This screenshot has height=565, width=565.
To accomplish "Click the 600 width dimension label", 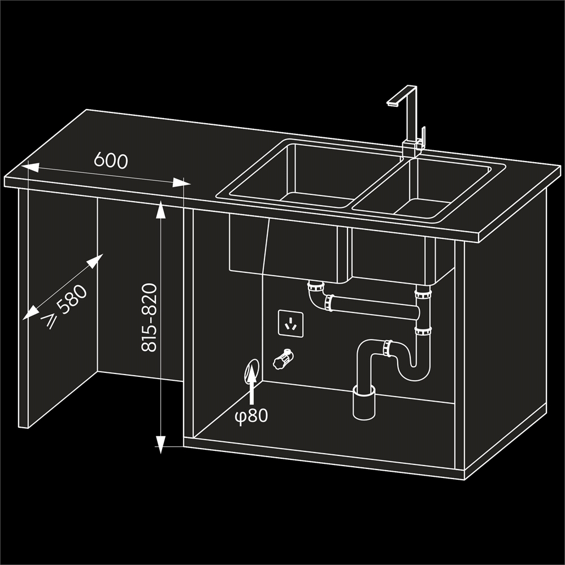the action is (x=111, y=160).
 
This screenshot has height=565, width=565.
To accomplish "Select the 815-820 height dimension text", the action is (x=149, y=318).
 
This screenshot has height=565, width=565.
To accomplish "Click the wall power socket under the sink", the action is (x=290, y=324).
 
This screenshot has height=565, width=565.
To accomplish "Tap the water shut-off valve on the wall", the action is (x=284, y=359).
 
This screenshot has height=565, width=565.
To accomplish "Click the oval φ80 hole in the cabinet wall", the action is (x=251, y=371).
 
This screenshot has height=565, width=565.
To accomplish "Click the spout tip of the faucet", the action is (x=392, y=103).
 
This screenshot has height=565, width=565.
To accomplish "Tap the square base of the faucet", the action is (x=412, y=149).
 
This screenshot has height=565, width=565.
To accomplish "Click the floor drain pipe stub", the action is (x=364, y=402).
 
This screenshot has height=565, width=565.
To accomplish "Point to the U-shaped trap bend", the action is (x=414, y=368).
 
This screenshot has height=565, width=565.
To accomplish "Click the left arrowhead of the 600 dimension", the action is (x=31, y=167).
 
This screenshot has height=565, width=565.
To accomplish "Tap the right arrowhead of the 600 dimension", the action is (x=181, y=182).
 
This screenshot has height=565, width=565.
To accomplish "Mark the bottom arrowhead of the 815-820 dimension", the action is (x=160, y=445).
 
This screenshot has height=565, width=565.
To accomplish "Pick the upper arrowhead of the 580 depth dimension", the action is (x=95, y=260).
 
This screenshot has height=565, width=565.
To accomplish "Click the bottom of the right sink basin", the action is (x=422, y=208).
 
